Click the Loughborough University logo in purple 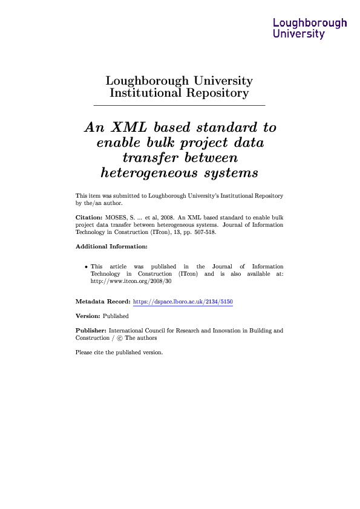pyautogui.click(x=310, y=28)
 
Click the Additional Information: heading pyautogui.click(x=111, y=247)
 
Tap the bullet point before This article pyautogui.click(x=87, y=267)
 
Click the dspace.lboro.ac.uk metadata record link pyautogui.click(x=183, y=301)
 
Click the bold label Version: pyautogui.click(x=87, y=316)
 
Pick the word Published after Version pyautogui.click(x=116, y=316)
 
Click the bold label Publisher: pyautogui.click(x=91, y=331)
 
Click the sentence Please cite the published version pyautogui.click(x=119, y=353)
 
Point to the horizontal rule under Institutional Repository pyautogui.click(x=180, y=106)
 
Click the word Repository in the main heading pyautogui.click(x=218, y=93)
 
